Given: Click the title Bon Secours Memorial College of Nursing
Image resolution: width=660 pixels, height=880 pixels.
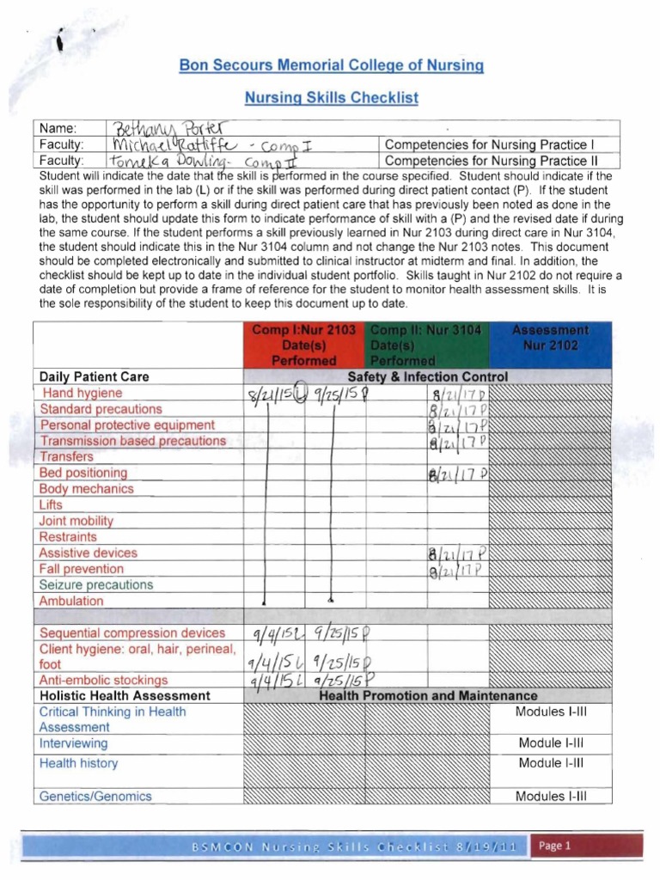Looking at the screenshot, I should [331, 65].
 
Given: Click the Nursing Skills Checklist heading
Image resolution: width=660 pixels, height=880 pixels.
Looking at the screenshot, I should [331, 98].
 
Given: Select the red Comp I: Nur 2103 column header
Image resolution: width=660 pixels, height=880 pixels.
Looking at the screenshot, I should [303, 345].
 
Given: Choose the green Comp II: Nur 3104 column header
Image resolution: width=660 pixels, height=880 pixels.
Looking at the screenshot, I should [427, 345].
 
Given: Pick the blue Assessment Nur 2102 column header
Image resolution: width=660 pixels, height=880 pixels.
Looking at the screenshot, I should [550, 338].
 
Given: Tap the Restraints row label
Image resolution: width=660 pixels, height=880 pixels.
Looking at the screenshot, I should [68, 536].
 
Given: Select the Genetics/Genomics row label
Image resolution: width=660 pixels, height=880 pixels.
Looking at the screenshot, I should [95, 796].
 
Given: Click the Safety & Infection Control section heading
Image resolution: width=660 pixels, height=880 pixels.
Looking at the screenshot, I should [427, 376].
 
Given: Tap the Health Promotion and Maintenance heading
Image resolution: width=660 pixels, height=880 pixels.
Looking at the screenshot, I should [427, 695].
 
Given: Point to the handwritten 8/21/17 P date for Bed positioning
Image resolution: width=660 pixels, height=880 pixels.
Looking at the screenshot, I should [457, 474].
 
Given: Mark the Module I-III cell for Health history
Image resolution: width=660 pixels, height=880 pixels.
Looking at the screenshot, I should [550, 763].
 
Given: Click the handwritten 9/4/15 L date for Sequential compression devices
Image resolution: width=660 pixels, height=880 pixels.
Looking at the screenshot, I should [277, 635].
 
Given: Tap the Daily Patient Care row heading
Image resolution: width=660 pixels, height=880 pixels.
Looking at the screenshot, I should [94, 376].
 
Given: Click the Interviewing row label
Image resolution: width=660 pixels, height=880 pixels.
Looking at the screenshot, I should [73, 743].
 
